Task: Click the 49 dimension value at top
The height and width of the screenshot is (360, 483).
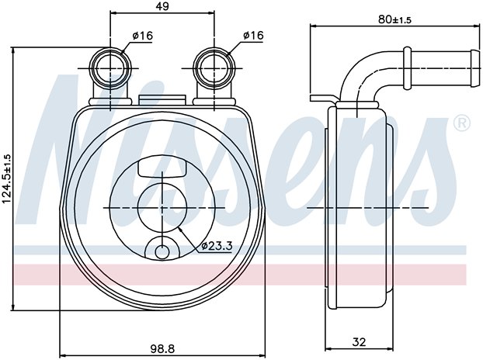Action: (162, 7)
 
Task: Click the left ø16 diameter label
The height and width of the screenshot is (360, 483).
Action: (141, 36)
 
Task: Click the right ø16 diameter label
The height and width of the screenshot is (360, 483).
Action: (253, 36)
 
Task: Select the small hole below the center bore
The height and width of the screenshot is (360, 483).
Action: (162, 251)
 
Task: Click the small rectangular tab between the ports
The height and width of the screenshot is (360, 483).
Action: (162, 99)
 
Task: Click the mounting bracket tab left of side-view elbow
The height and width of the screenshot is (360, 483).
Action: (321, 100)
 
